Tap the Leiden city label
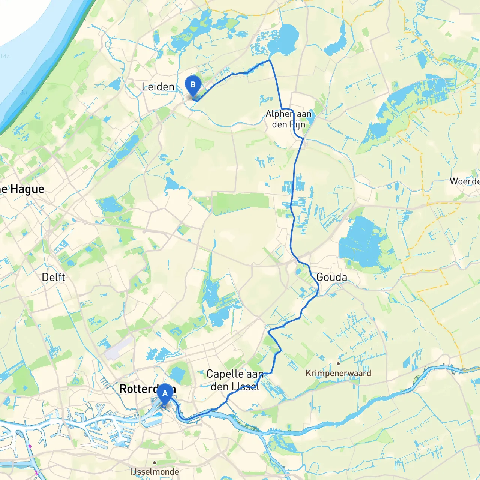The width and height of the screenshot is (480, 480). click(x=158, y=87)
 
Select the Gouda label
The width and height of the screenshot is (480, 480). click(x=331, y=277)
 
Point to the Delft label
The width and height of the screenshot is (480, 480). click(x=53, y=277)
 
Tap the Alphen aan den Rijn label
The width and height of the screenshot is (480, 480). click(x=288, y=119)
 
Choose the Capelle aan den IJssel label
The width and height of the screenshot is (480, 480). click(x=235, y=380)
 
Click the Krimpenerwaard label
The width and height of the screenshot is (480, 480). click(x=338, y=373)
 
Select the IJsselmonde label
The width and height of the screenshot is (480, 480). click(x=154, y=472)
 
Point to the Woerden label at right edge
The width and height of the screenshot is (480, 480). click(x=465, y=181)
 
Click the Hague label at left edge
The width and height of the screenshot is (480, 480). click(x=22, y=189)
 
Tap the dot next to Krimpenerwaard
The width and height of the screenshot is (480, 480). click(x=338, y=363)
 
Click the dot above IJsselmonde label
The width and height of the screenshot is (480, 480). click(x=154, y=463)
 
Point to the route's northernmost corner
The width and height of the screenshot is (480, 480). click(x=269, y=60)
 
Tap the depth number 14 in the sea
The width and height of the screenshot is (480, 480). click(x=4, y=56)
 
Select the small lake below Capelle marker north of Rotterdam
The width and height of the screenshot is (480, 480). click(x=177, y=373)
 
